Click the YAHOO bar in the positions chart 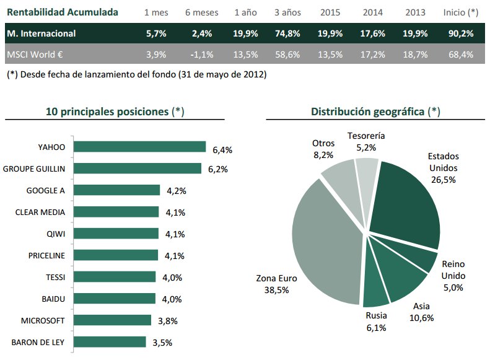(139, 147)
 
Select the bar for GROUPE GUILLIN (137, 169)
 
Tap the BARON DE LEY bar (110, 342)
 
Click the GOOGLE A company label (46, 190)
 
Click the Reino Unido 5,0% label (453, 276)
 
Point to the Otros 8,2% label (323, 149)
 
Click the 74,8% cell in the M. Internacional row (287, 33)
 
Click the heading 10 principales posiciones (115, 112)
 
